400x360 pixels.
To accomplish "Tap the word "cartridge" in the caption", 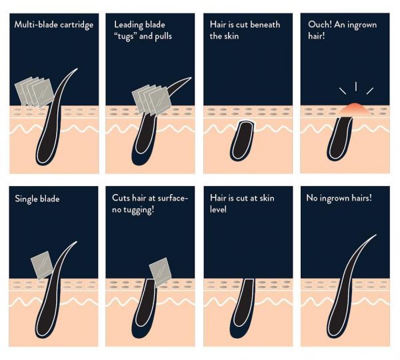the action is (77, 25).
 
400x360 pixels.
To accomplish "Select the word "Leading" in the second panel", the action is (128, 25).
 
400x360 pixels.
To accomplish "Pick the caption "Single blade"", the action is (37, 199).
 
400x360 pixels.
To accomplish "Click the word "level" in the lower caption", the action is (218, 209).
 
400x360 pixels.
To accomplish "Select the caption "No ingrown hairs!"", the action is (339, 198).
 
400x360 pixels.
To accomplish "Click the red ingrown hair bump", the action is (355, 110).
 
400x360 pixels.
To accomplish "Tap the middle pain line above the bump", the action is (356, 86).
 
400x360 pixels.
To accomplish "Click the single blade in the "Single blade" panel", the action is (42, 265).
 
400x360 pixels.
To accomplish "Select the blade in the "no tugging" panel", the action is (160, 272).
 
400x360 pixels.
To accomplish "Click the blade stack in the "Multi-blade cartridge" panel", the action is (34, 91).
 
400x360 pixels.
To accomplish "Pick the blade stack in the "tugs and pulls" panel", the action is (151, 100).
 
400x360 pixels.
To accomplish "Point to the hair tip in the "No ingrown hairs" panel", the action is (376, 235).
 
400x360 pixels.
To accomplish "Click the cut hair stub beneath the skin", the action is (242, 141).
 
